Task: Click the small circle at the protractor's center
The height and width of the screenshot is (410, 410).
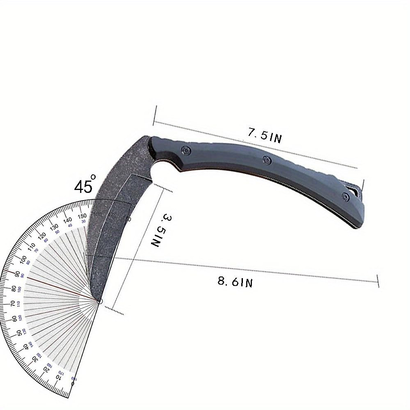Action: click(x=99, y=301)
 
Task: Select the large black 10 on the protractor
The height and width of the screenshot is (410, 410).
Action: click(x=58, y=377)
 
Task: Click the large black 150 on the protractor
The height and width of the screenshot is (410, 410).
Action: click(x=82, y=216)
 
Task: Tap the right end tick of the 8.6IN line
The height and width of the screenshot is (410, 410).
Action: click(x=378, y=281)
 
